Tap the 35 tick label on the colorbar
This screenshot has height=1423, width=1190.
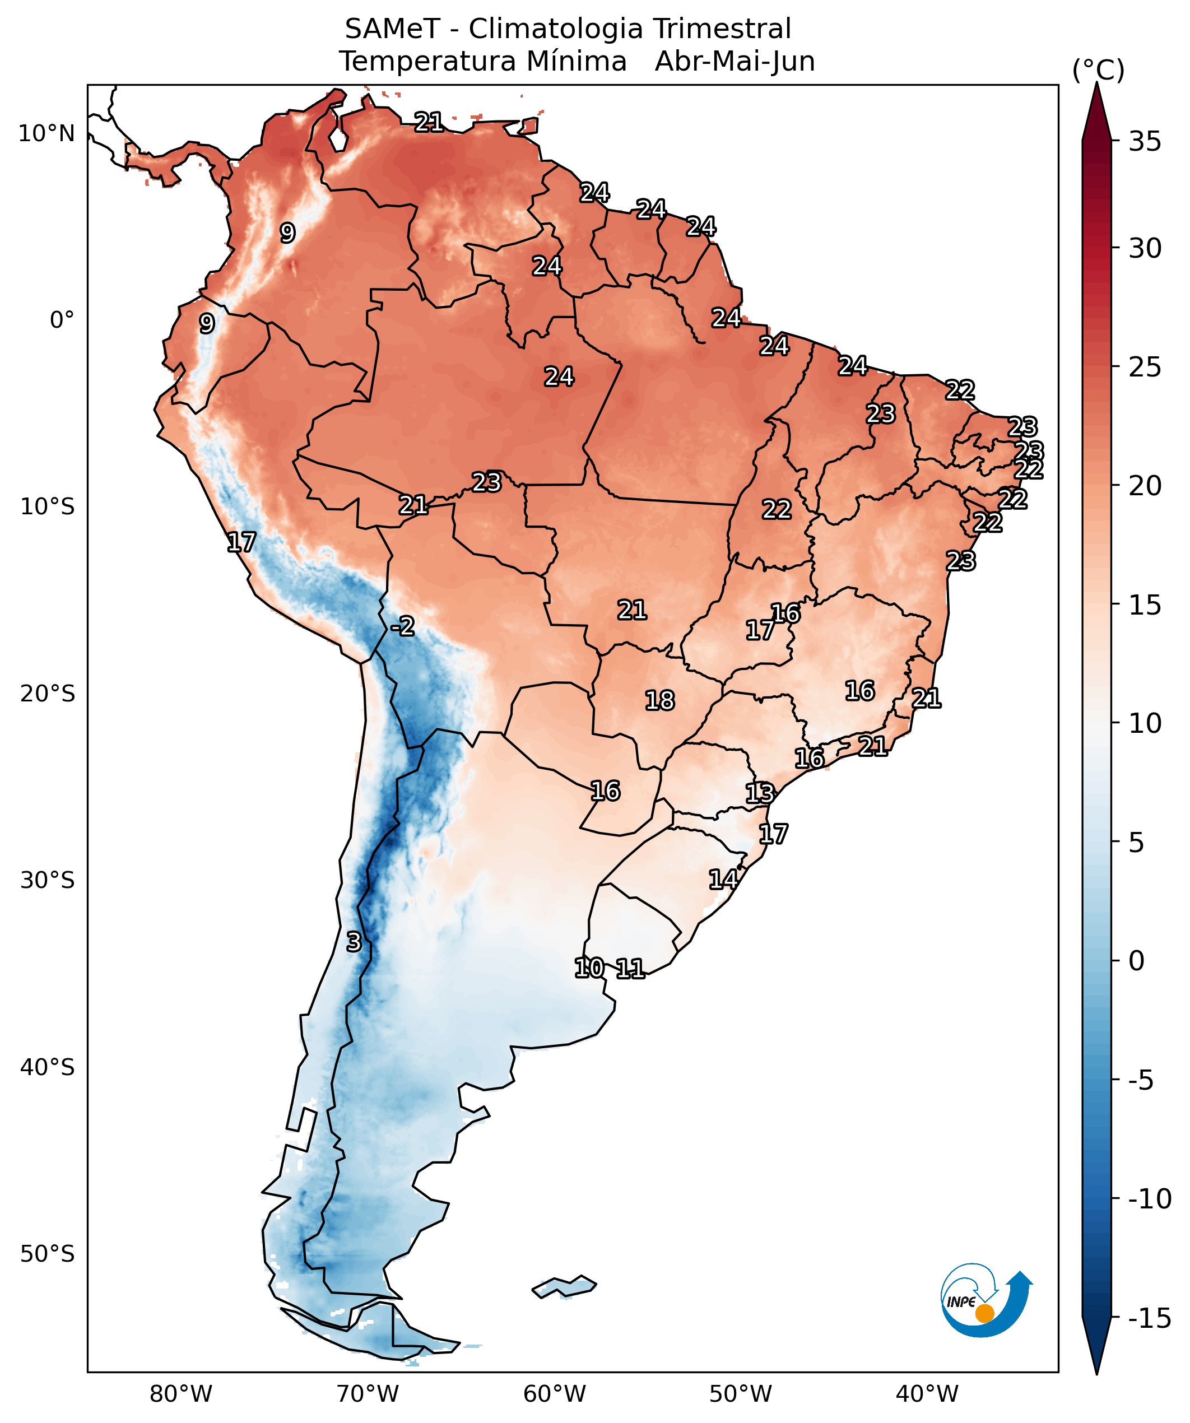[x=1145, y=142]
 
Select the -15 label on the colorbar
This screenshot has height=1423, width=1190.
[x=1149, y=1318]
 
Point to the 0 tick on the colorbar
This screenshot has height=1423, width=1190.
[x=1136, y=961]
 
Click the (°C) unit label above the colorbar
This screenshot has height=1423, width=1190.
[x=1098, y=70]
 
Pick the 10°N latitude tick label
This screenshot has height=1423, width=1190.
[x=46, y=133]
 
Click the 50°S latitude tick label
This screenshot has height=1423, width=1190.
[x=47, y=1254]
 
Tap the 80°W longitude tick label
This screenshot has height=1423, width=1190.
[x=181, y=1394]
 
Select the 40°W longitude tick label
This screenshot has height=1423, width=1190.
[x=927, y=1394]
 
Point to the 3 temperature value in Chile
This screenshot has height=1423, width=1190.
[x=354, y=942]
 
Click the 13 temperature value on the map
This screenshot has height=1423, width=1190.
[x=760, y=793]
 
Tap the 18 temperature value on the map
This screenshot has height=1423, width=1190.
[x=660, y=700]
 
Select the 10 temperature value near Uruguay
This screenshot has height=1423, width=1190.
[x=589, y=968]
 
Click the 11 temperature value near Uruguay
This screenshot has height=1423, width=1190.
[x=630, y=969]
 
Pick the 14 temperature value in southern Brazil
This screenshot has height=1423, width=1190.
[x=723, y=880]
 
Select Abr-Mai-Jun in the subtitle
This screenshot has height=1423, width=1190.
[x=735, y=62]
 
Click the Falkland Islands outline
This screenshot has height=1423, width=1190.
[x=565, y=1285]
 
